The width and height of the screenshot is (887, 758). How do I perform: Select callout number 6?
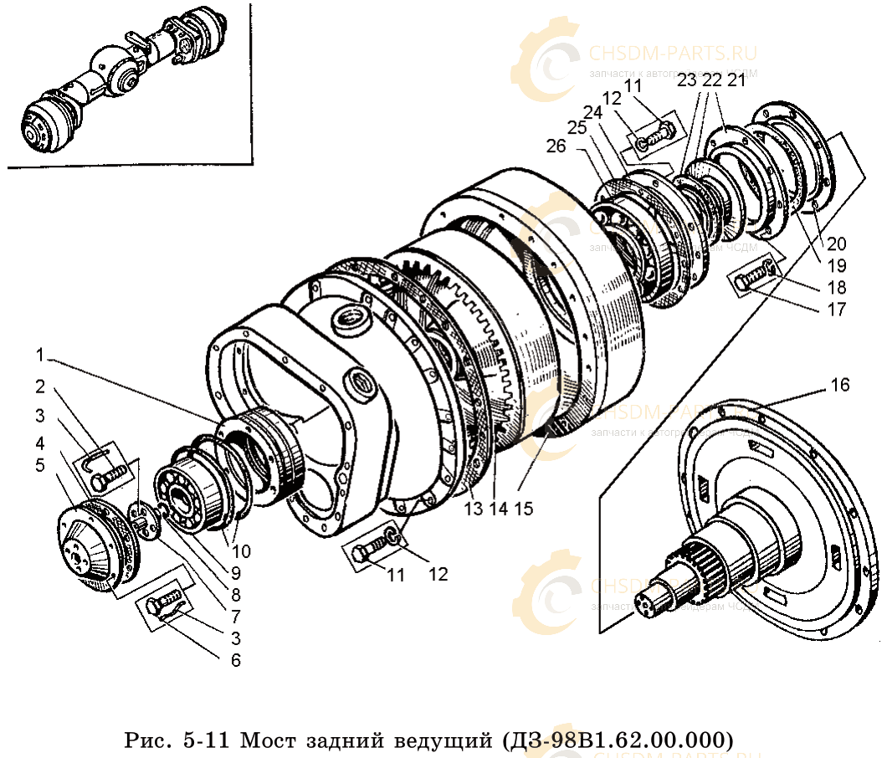click(235, 660)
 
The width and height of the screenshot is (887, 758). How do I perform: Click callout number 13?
click(474, 509)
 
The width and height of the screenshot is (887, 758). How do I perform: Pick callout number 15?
click(526, 509)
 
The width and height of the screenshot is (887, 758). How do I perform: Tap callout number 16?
click(839, 385)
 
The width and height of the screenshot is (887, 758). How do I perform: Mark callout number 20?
click(837, 244)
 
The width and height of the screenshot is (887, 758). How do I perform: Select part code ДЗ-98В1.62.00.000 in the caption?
click(618, 740)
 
